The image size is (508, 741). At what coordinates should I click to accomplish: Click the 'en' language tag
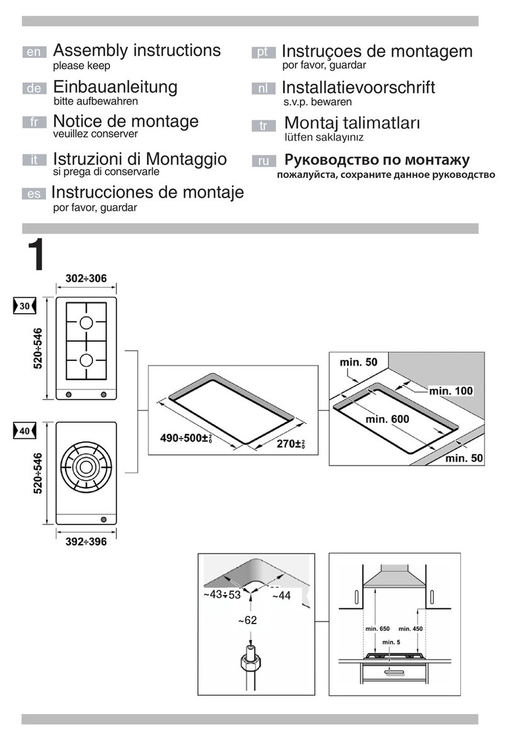click(x=34, y=52)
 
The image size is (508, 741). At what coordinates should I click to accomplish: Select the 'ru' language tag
click(x=263, y=160)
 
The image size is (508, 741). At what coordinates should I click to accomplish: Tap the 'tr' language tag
click(x=263, y=125)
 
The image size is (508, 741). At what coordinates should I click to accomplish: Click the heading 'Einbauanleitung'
click(x=115, y=87)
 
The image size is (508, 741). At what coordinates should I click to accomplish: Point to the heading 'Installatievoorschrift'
click(x=358, y=87)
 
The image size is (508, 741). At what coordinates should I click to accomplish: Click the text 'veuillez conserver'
click(x=96, y=134)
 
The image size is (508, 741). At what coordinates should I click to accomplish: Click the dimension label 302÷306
click(x=86, y=279)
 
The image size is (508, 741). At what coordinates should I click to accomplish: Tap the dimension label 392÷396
click(x=86, y=542)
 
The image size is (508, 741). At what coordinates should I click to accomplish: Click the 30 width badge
click(x=25, y=306)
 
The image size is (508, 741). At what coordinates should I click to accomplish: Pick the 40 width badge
click(x=25, y=430)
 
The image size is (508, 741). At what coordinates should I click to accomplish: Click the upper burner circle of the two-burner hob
click(x=86, y=323)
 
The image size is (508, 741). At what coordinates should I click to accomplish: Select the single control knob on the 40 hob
click(x=103, y=520)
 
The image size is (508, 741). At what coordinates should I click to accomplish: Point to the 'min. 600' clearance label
click(x=387, y=419)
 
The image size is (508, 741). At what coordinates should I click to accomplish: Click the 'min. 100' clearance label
click(x=451, y=391)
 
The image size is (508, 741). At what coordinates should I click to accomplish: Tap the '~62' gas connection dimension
click(x=247, y=620)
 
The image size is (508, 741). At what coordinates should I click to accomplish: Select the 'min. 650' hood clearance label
click(x=378, y=628)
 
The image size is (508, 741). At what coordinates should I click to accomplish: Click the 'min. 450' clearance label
click(x=411, y=628)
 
